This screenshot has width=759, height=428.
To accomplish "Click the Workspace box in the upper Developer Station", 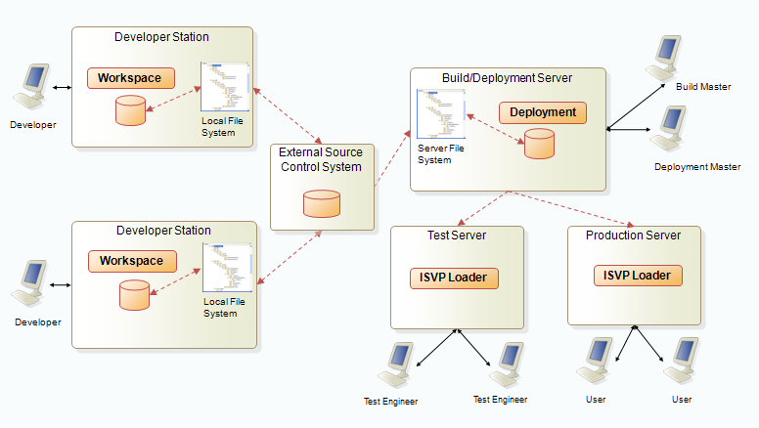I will click(129, 77).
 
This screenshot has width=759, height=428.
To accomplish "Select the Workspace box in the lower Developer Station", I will click(131, 261).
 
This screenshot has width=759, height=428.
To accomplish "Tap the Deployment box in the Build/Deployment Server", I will click(543, 112).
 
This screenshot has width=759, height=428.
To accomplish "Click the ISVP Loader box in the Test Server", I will click(454, 278).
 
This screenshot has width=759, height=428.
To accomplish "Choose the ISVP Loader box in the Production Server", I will click(637, 276).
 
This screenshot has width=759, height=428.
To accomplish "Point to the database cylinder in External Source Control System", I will click(322, 203).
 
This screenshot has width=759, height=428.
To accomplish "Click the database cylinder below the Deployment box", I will click(539, 144).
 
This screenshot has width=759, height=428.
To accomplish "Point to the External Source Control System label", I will click(321, 159).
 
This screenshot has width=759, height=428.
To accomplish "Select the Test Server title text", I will click(456, 235).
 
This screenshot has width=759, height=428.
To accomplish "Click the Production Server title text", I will click(633, 235).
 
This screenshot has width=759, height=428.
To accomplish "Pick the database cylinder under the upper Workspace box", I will click(130, 110).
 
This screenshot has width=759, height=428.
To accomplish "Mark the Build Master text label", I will click(702, 87).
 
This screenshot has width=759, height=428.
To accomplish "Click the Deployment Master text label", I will click(697, 167).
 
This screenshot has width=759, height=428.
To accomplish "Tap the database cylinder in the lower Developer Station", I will click(134, 295).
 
